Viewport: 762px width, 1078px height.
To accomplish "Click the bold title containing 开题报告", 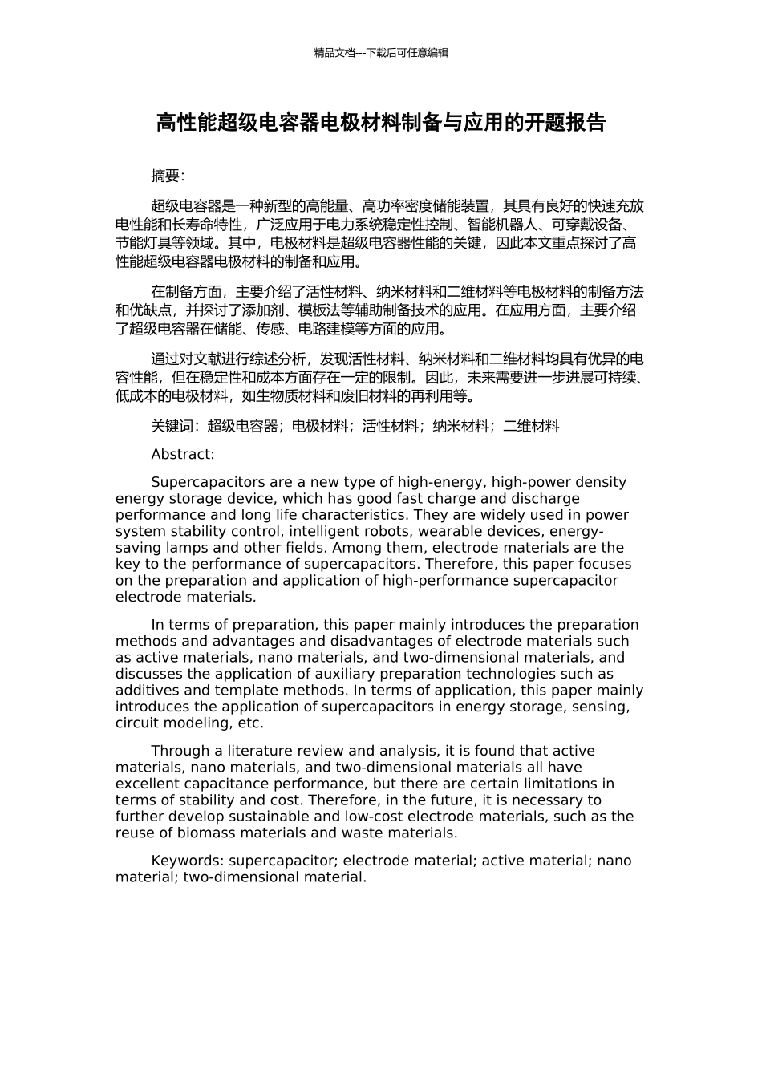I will point(380,123).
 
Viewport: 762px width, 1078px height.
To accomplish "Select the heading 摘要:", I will point(168,176).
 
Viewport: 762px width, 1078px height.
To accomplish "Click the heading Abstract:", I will point(183,454).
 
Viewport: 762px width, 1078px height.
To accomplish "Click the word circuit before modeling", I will point(138,723).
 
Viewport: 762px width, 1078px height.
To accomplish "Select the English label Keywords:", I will point(188,861).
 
